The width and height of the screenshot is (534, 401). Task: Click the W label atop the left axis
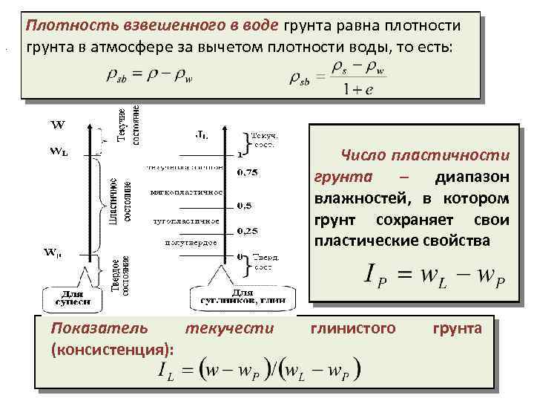57,123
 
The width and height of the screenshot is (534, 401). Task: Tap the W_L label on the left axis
59,151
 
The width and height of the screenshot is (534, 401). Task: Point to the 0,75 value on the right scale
247,172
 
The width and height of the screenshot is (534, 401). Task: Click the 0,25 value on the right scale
247,232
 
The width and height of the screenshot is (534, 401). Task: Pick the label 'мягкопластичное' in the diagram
186,193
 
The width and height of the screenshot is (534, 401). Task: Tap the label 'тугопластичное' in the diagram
186,221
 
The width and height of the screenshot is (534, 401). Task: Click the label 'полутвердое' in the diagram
190,243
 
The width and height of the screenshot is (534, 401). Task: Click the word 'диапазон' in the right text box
472,178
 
